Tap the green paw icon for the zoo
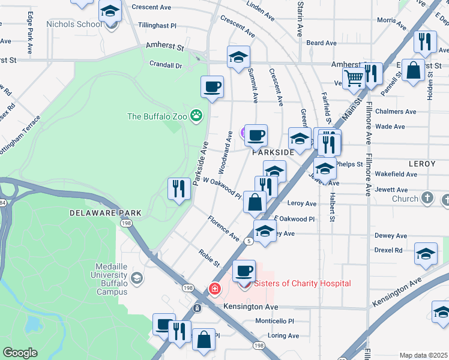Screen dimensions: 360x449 196,115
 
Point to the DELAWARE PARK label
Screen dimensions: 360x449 105,213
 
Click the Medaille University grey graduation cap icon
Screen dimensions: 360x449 137,277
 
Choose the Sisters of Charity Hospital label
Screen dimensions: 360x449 303,283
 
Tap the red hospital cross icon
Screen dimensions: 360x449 214,289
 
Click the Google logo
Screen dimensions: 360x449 20,353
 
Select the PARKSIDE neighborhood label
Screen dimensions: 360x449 273,152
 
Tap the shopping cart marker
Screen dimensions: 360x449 354,76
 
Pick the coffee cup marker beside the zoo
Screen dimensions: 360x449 212,86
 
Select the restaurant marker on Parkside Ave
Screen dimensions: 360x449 178,189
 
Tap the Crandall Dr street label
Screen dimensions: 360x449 166,65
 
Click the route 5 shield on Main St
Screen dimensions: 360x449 248,241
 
